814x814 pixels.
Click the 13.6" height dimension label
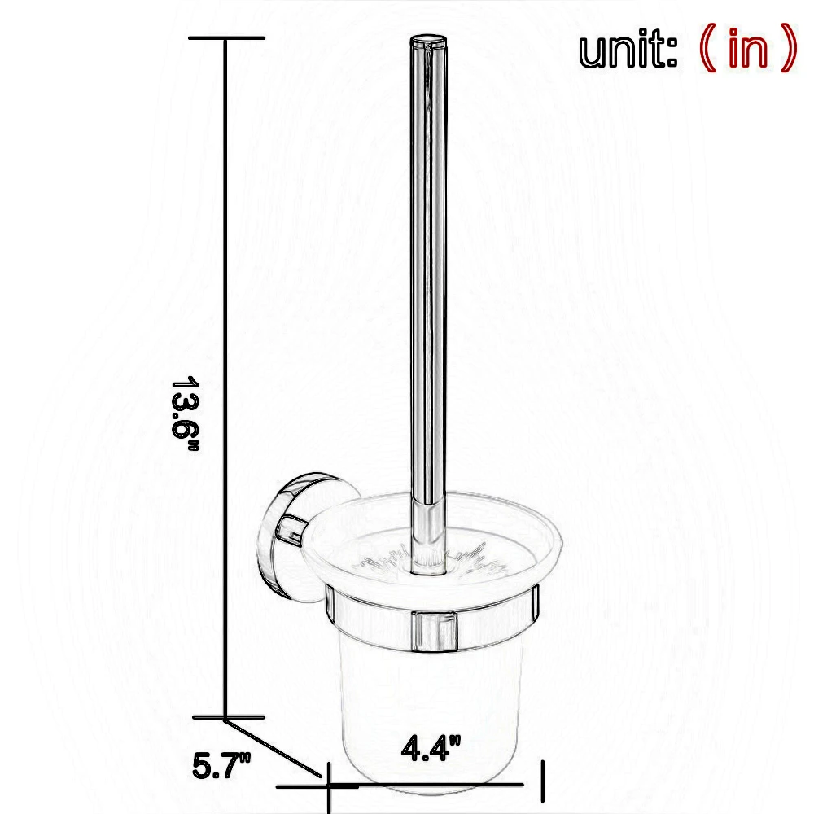tap(185, 414)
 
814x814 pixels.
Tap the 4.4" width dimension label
tap(431, 748)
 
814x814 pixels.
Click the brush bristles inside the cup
tap(428, 562)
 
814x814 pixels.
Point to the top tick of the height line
tap(227, 38)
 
